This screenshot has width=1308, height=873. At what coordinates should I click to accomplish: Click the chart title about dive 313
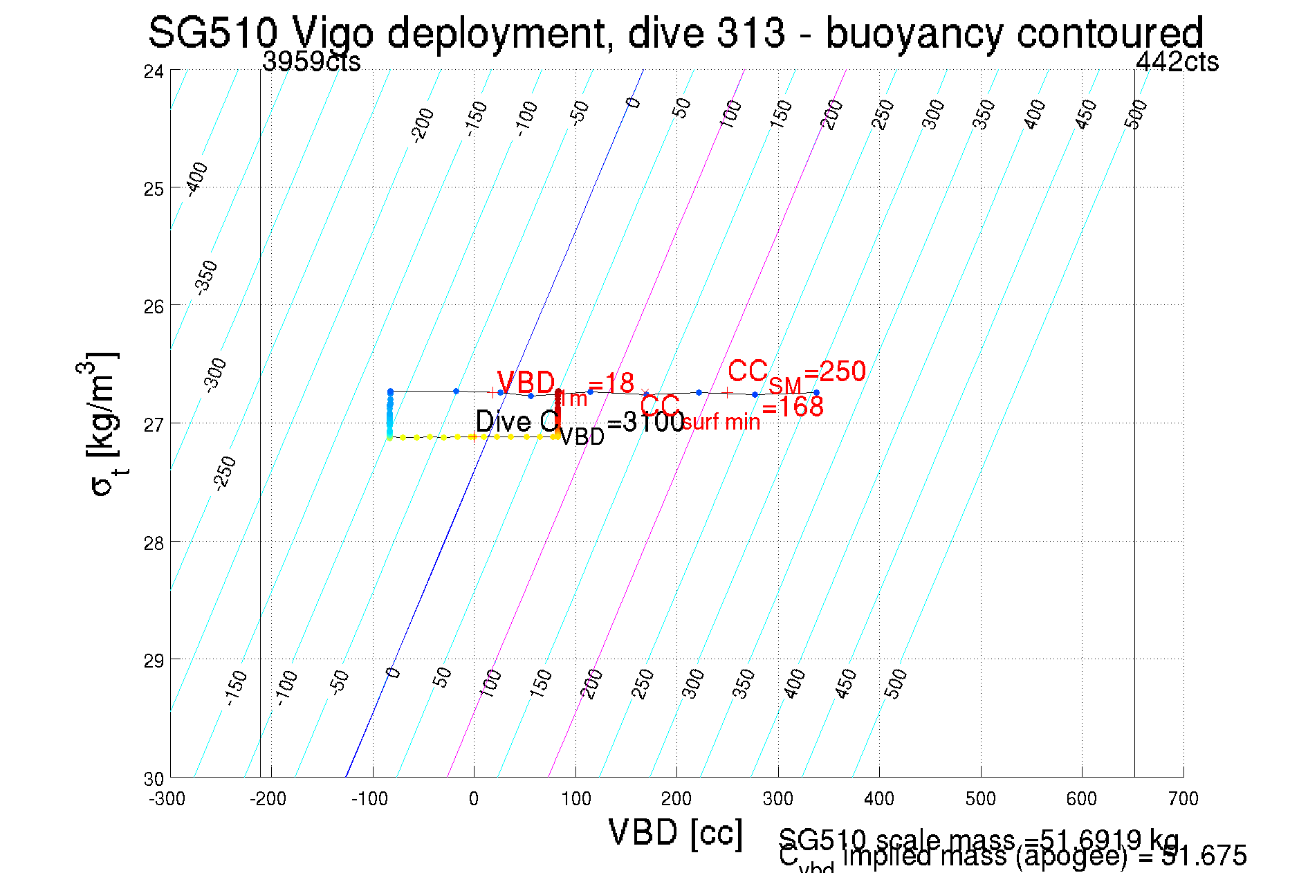point(675,33)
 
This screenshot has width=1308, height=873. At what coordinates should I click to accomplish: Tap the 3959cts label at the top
point(311,62)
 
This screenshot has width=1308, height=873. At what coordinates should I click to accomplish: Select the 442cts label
point(1177,62)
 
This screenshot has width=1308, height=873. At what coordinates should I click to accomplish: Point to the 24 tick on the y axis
point(154,71)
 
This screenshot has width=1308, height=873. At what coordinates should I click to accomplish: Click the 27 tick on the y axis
point(154,424)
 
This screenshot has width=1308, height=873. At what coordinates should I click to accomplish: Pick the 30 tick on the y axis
point(154,779)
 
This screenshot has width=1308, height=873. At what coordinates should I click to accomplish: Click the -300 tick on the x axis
point(167,799)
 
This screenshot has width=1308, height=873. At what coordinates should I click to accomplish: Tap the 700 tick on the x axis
point(1183,799)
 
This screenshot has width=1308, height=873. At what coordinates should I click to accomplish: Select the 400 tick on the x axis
point(878,799)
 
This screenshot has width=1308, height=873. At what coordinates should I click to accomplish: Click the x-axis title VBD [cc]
point(675,832)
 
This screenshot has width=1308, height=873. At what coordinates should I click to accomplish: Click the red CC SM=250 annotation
point(796,374)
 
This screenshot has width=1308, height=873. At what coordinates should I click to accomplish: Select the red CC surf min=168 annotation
point(731,411)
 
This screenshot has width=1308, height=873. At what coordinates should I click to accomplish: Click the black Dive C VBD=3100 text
point(580,423)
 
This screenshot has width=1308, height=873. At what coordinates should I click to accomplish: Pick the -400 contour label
point(196,178)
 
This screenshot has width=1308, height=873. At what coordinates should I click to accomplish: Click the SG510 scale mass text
point(978,840)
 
